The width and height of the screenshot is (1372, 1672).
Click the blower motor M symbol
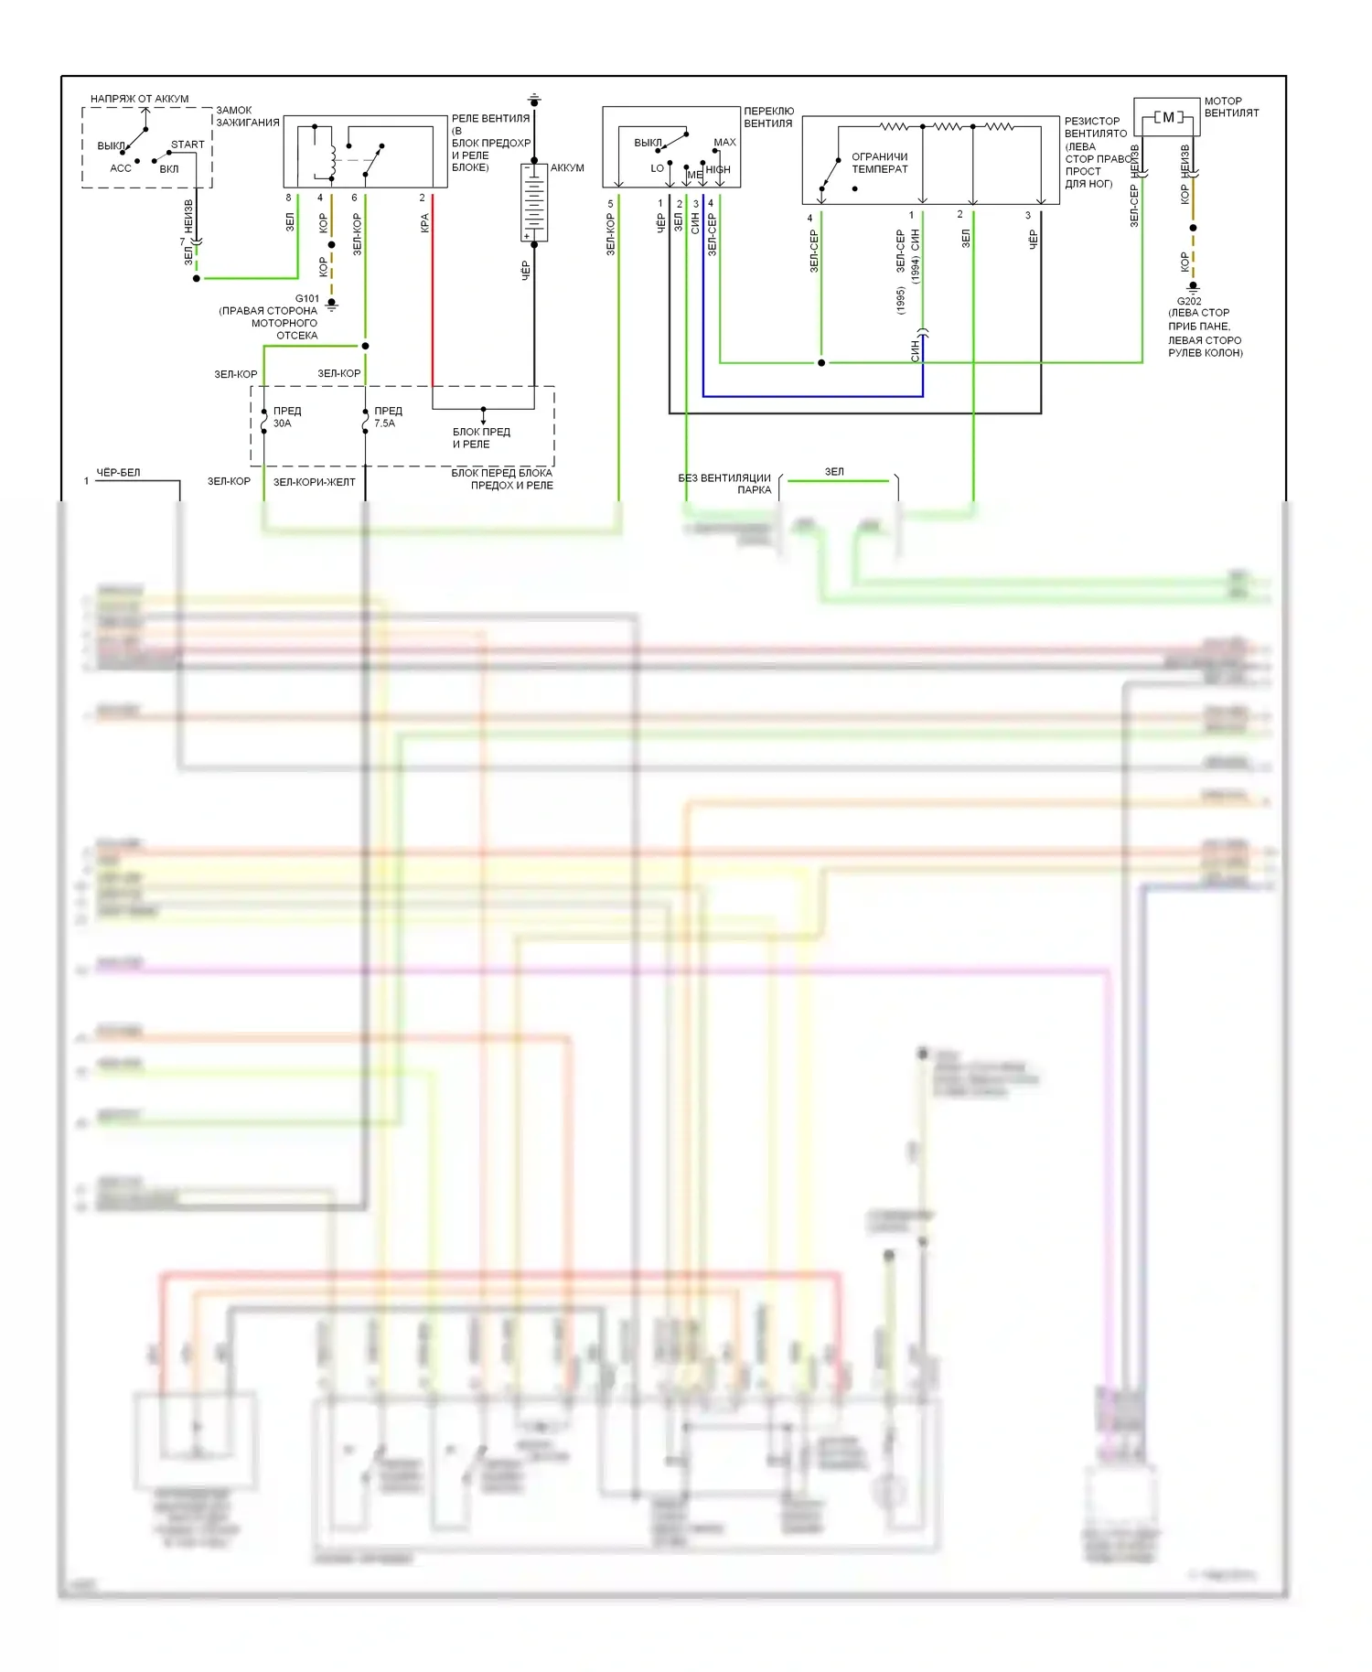tap(1168, 117)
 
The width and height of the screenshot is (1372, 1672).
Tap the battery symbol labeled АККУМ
tap(534, 202)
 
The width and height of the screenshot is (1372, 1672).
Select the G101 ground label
tap(307, 299)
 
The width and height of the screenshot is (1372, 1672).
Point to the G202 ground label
tap(1189, 301)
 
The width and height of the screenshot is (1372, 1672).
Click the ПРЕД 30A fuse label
tap(286, 417)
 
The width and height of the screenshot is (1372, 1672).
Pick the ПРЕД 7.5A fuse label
tap(388, 417)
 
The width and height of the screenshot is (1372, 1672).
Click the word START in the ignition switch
tap(188, 145)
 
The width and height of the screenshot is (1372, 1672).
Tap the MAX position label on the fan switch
tap(724, 142)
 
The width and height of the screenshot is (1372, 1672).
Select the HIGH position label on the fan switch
tap(718, 169)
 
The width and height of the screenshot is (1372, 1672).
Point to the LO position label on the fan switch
tap(657, 168)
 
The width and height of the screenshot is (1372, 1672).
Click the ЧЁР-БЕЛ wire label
tap(118, 473)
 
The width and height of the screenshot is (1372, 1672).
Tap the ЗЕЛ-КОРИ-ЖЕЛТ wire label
tap(314, 482)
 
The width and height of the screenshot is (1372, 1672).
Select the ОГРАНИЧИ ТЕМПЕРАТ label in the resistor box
tap(879, 163)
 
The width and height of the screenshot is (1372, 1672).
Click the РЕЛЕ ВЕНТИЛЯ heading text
tap(490, 118)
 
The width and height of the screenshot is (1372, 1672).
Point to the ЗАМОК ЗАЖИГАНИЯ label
tap(247, 116)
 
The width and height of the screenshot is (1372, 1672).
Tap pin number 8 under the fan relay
tap(288, 198)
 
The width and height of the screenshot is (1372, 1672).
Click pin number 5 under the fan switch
tap(610, 204)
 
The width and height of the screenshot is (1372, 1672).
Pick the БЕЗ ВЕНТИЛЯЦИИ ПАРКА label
tap(724, 484)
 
